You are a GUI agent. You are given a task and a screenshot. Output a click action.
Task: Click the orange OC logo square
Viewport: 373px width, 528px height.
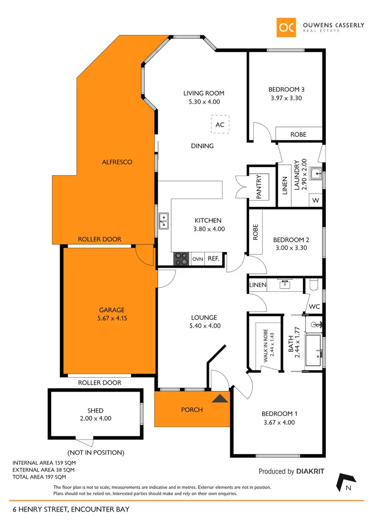pyautogui.click(x=287, y=27)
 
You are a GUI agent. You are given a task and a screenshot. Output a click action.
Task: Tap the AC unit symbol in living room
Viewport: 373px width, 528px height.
pyautogui.click(x=220, y=125)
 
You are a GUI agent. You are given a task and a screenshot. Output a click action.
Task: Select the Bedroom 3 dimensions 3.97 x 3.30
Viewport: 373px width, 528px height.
pyautogui.click(x=286, y=98)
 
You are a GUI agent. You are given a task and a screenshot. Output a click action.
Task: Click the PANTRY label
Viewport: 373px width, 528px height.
pyautogui.click(x=259, y=187)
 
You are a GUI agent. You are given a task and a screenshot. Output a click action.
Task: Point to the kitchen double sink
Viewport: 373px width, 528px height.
pyautogui.click(x=164, y=217)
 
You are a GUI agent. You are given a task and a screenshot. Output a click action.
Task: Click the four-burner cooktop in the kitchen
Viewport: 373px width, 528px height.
pyautogui.click(x=181, y=259)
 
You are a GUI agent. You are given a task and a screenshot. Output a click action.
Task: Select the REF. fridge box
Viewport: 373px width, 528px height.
pyautogui.click(x=213, y=259)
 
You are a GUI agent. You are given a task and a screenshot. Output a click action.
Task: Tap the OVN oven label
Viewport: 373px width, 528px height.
pyautogui.click(x=198, y=259)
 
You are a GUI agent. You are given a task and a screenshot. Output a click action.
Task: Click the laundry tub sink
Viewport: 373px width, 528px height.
pyautogui.click(x=315, y=174)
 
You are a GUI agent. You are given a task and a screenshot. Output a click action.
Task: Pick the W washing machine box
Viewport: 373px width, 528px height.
pyautogui.click(x=315, y=200)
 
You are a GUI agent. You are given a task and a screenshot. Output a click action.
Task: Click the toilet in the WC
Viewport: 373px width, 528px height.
pyautogui.click(x=313, y=285)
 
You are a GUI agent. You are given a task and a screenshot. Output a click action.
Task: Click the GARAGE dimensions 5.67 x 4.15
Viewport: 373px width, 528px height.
pyautogui.click(x=111, y=318)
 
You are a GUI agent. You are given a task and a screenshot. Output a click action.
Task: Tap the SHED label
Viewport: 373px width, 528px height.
pyautogui.click(x=95, y=411)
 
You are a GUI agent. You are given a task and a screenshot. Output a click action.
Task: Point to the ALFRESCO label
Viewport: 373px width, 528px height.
pyautogui.click(x=117, y=162)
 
